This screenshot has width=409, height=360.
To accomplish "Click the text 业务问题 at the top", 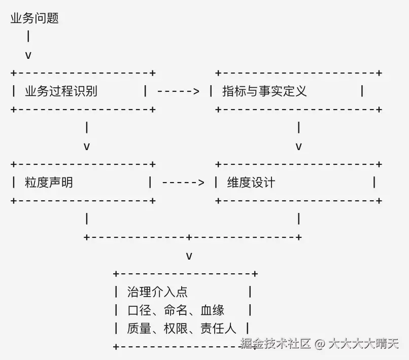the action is coord(35,18).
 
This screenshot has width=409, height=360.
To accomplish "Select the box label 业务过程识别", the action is coord(61,91).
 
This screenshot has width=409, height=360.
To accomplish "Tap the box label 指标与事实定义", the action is coord(264,91).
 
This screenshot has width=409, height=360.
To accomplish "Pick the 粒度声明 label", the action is coord(49,183).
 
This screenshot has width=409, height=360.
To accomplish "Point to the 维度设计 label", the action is coord(251,183).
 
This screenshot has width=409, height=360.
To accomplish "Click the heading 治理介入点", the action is coord(157,292).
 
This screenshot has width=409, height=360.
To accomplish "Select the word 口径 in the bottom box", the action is coord(139,310).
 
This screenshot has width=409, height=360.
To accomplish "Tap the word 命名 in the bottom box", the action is coord(176,310).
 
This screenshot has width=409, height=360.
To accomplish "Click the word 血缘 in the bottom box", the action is coord(212,310).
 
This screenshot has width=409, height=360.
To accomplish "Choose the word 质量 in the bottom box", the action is coord(139,329).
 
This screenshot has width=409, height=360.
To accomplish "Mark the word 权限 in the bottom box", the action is coord(176,329).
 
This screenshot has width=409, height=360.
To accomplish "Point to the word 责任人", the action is coord(218,329).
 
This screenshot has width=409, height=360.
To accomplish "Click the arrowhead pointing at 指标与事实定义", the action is coord(196,91).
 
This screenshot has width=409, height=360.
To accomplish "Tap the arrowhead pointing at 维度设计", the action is coord(201,183).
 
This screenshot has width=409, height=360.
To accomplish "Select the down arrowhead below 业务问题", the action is coord(28,55).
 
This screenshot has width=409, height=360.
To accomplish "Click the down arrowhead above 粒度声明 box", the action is coord(87,147).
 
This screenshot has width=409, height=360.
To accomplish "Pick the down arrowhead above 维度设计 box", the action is coord(299,147).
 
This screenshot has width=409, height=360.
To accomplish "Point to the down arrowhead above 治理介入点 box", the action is coord(189,256).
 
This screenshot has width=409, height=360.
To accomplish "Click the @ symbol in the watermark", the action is coord(320,344).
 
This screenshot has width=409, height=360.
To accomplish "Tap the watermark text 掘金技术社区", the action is coord(276,343).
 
